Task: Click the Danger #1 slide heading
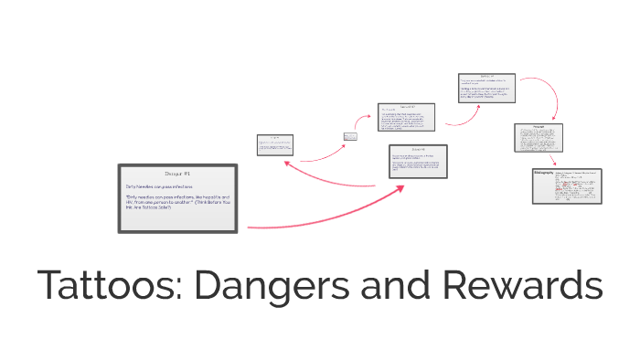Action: click(x=176, y=173)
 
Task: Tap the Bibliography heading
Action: click(x=546, y=173)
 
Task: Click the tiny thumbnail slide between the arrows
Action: click(x=349, y=137)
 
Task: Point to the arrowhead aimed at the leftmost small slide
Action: click(x=287, y=162)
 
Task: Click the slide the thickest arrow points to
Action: click(x=418, y=164)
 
